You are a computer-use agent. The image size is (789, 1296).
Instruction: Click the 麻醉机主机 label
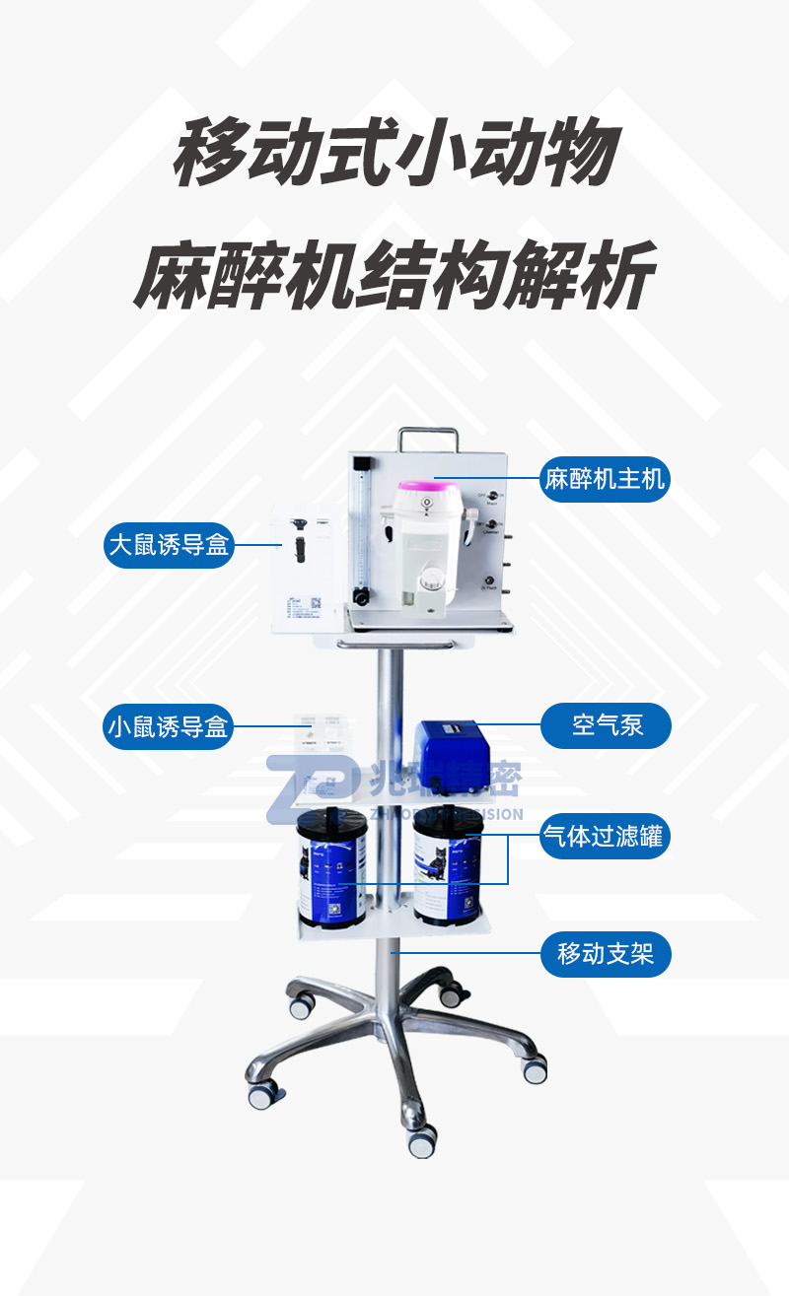(x=605, y=480)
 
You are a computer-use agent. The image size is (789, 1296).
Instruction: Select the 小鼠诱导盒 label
(x=168, y=726)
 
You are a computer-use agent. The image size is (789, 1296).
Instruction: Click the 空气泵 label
(x=606, y=726)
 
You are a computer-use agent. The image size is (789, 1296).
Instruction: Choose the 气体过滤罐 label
(x=605, y=838)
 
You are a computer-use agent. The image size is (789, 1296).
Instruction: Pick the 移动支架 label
(x=605, y=954)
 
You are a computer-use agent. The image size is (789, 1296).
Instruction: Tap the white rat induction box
(x=308, y=567)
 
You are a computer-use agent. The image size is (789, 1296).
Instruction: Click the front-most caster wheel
(x=422, y=1141)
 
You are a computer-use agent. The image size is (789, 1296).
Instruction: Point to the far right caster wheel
(x=535, y=1068)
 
